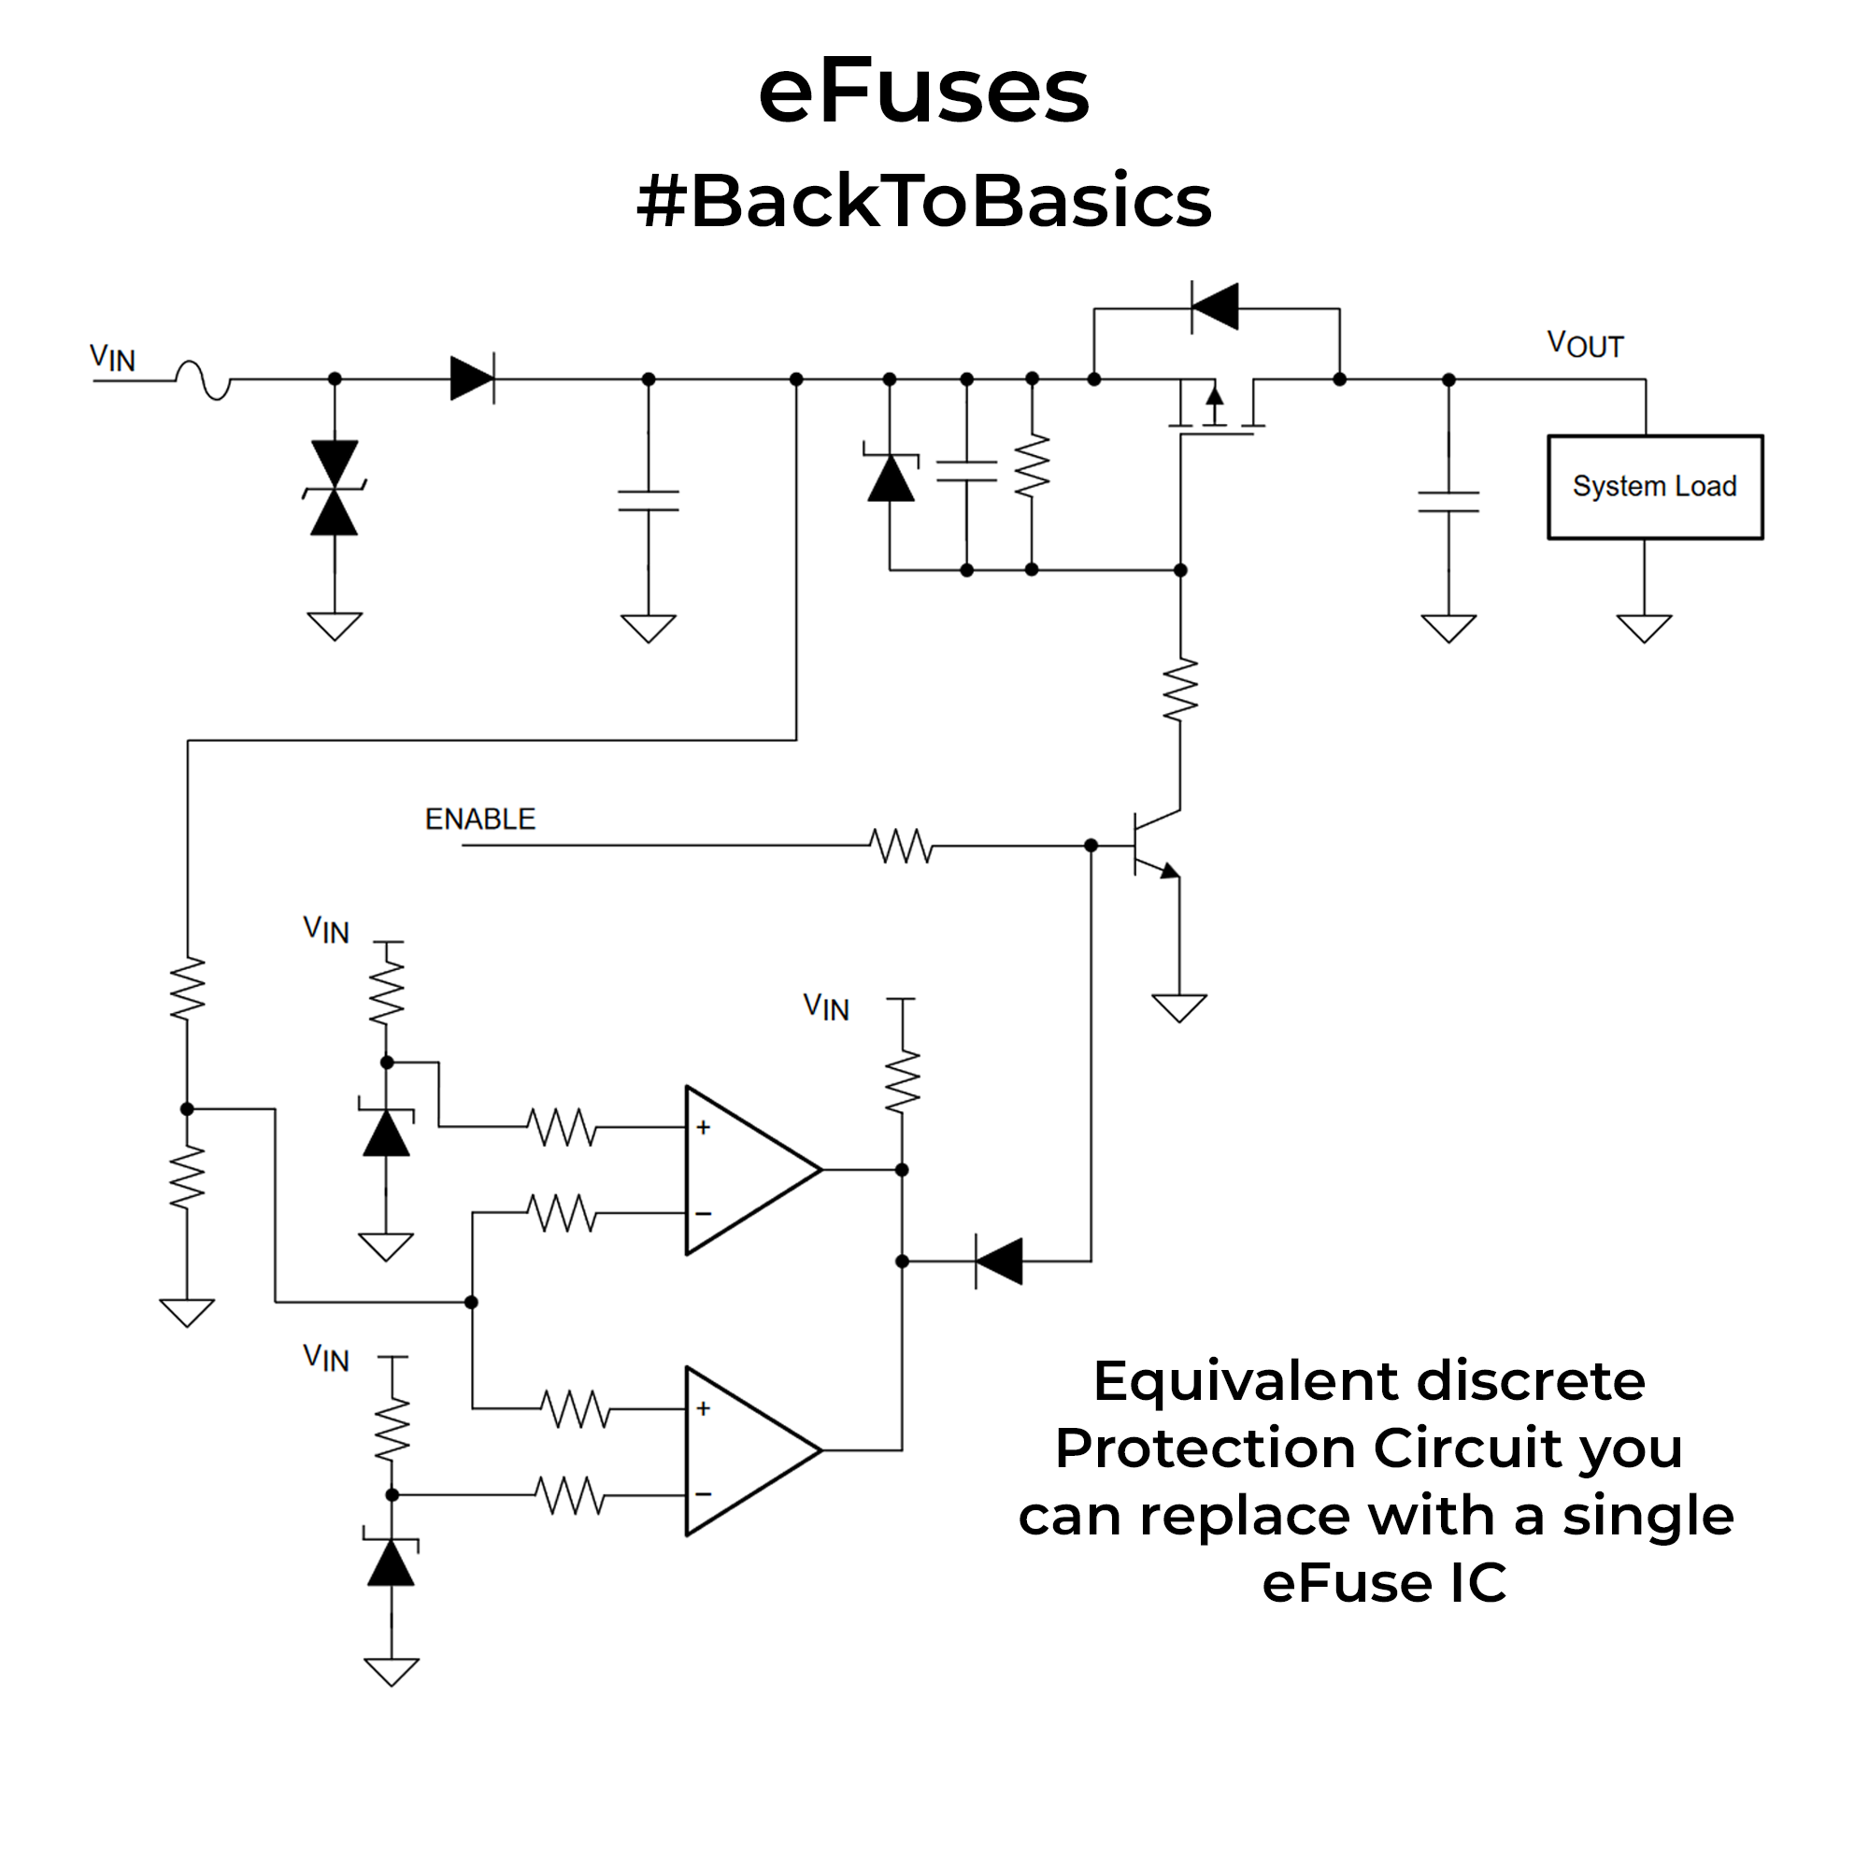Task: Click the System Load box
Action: (x=1654, y=487)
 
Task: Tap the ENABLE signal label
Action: (x=479, y=820)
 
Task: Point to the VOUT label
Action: (x=1585, y=345)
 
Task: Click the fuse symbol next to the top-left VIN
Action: (x=203, y=379)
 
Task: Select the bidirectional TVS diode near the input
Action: (x=335, y=489)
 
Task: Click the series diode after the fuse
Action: (x=472, y=378)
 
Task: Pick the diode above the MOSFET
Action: (x=1215, y=307)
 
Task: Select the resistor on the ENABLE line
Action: (x=901, y=846)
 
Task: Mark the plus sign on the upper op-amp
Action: (x=704, y=1127)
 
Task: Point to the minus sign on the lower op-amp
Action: (x=704, y=1493)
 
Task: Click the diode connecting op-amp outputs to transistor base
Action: (x=998, y=1262)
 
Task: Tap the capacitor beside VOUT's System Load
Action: (x=1448, y=501)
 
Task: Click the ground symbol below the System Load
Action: (x=1644, y=629)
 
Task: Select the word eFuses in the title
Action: (x=924, y=92)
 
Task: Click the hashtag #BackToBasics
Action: (x=924, y=201)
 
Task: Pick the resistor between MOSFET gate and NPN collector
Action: (x=1180, y=690)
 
